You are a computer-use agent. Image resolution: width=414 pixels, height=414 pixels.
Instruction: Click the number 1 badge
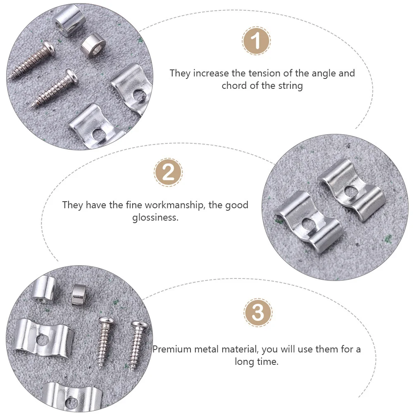click(256, 41)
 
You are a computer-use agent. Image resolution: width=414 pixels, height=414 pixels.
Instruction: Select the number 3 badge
click(258, 313)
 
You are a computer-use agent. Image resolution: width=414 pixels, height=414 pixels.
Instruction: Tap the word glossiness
click(155, 217)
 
